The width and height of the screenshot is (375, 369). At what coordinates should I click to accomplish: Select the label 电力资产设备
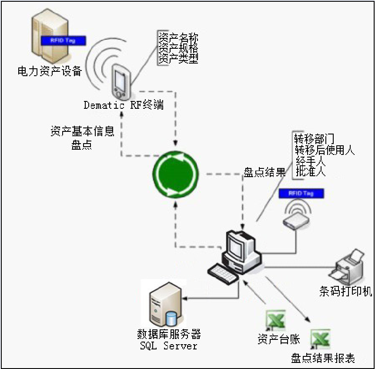coord(50,71)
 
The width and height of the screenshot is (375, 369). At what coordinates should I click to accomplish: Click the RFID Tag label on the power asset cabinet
coord(64,40)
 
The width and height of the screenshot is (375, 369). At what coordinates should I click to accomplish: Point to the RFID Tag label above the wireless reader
coord(301,193)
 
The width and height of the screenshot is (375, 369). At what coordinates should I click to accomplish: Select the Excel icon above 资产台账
coord(275,321)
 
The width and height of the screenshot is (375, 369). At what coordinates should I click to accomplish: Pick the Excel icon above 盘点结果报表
coord(320,339)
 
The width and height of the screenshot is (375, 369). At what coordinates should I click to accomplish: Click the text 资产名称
coord(178,37)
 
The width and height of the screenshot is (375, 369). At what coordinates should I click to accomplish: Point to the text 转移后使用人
coord(325,150)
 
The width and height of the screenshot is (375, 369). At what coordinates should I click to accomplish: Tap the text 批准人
coord(311,172)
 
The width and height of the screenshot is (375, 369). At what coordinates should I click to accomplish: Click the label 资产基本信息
coord(82,131)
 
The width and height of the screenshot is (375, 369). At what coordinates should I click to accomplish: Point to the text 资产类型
coord(178,59)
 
